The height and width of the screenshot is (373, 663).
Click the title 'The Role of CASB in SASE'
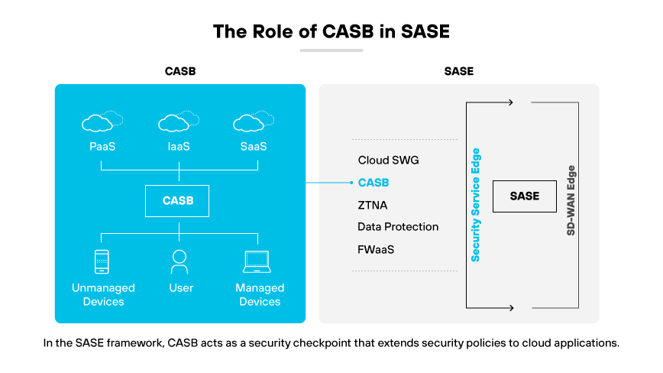click(x=331, y=31)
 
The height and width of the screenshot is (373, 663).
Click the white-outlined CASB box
click(x=178, y=201)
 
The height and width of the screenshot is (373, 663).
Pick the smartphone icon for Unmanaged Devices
click(x=102, y=262)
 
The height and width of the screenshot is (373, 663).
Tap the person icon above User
click(x=179, y=262)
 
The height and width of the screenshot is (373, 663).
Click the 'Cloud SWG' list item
click(x=388, y=161)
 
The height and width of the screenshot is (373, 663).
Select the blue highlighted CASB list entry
click(x=374, y=183)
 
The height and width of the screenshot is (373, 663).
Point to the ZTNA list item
click(x=374, y=205)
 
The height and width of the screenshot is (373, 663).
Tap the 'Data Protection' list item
click(x=398, y=227)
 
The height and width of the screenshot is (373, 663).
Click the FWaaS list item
click(x=376, y=249)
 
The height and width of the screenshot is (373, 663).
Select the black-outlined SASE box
click(x=524, y=196)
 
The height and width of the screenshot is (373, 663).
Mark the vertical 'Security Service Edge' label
click(x=476, y=205)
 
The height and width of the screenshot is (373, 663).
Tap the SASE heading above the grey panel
click(x=458, y=72)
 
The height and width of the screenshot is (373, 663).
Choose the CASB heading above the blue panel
click(x=180, y=72)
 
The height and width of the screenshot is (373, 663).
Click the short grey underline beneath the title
click(x=331, y=50)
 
